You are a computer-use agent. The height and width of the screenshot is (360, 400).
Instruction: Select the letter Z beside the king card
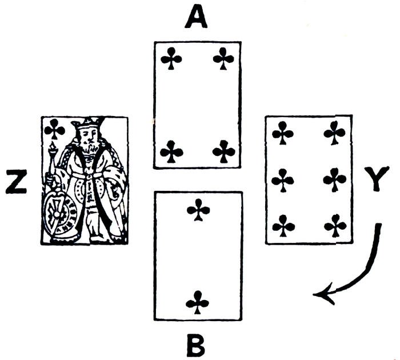(15, 182)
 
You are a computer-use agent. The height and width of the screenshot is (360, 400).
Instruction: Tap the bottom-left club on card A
(171, 152)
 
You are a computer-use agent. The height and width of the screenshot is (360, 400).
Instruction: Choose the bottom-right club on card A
(223, 152)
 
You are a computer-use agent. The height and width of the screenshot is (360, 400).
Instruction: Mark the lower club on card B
(198, 301)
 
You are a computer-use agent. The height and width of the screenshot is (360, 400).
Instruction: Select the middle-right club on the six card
(334, 181)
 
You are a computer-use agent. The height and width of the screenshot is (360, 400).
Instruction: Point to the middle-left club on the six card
(282, 181)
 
